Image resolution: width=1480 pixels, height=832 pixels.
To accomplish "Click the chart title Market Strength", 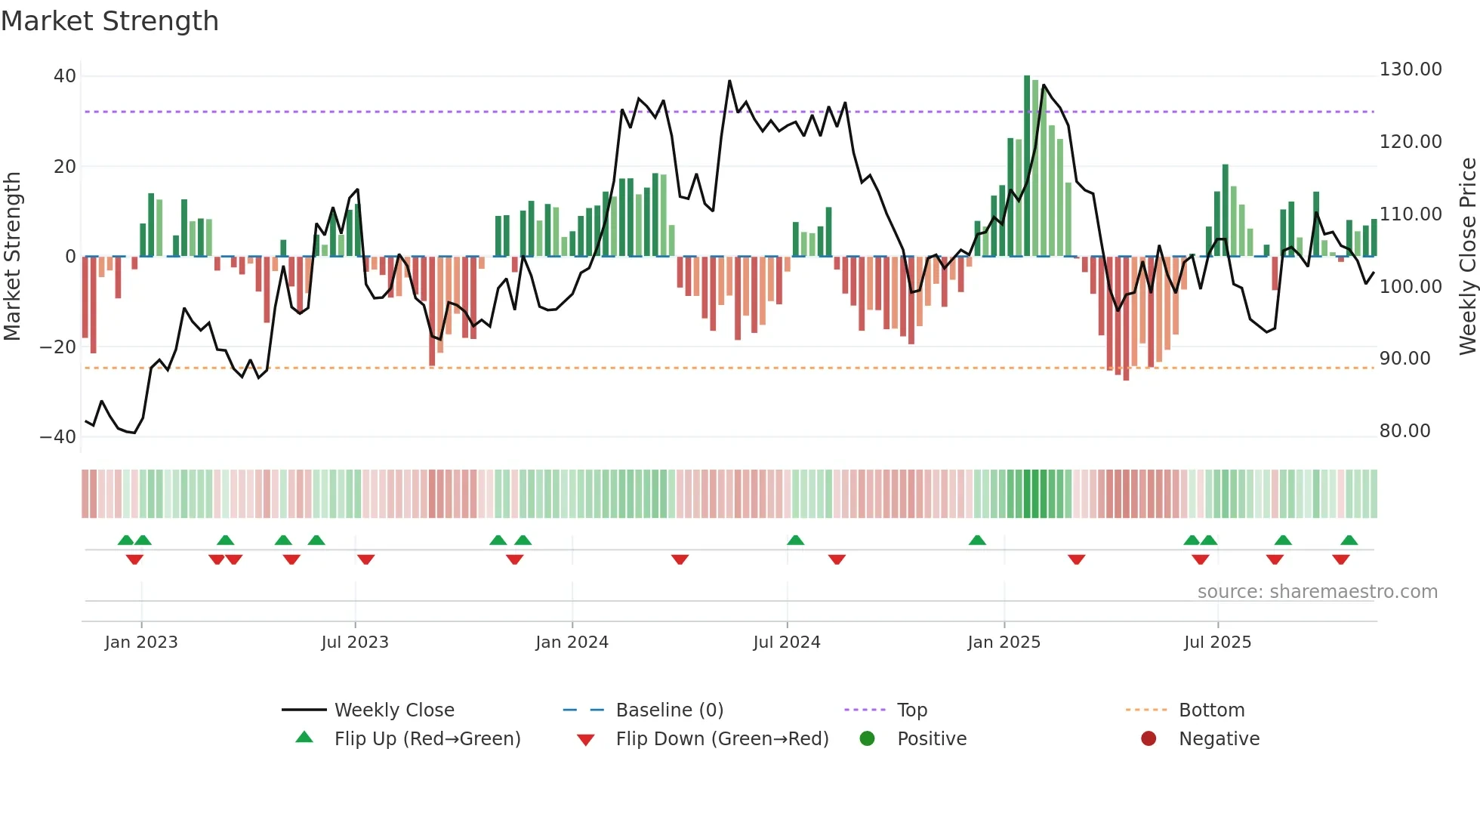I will pos(109,21).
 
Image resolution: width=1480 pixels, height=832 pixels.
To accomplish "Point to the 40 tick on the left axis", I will pos(65,76).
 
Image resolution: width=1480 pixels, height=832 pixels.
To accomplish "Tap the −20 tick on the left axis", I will pos(58,347).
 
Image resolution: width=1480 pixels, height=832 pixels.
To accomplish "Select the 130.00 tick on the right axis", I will pos(1410,69).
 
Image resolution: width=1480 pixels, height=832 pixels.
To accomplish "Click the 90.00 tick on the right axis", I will pos(1404,359).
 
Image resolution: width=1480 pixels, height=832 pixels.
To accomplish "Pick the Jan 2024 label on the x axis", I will pos(572,642).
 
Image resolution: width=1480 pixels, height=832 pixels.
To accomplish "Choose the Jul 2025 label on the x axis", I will pos(1217,642).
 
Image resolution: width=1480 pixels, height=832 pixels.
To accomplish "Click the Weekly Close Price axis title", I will pos(1467,257).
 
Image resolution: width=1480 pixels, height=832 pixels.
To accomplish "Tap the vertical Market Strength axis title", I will pos(12,257).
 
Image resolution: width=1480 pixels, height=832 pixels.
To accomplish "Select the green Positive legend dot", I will pos(867,739).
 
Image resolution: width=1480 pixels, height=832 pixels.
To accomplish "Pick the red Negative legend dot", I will pos(1149,739).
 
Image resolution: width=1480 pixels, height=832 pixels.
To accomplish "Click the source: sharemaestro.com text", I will pos(1317,592).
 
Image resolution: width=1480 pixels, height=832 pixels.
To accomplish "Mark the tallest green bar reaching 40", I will pos(1027,166).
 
